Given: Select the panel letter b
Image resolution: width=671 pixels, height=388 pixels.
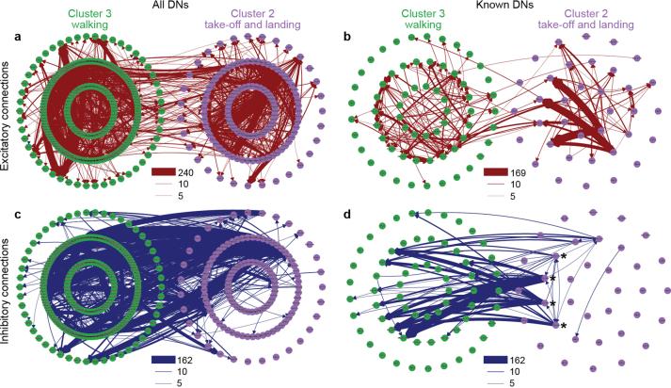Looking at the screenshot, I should pyautogui.click(x=346, y=37).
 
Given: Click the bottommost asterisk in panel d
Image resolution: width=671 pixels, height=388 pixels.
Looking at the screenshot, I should pyautogui.click(x=563, y=326).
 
